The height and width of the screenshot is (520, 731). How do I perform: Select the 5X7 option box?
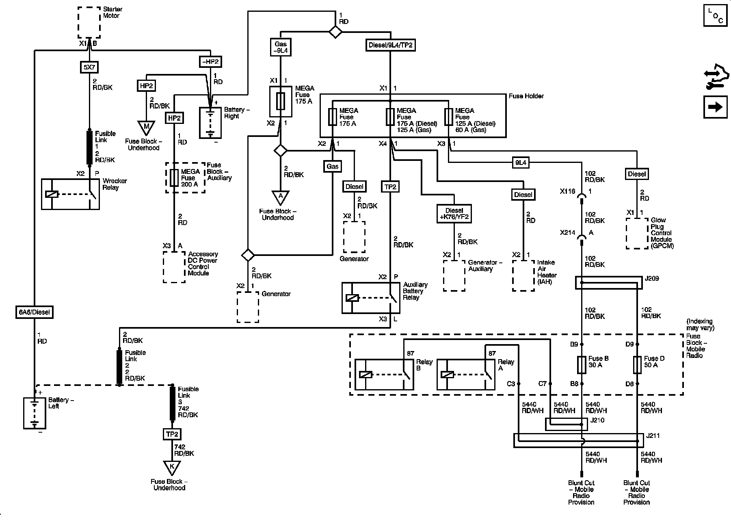[89, 67]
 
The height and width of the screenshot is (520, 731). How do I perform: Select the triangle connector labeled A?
[280, 198]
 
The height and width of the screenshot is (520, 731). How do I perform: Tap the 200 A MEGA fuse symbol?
[174, 178]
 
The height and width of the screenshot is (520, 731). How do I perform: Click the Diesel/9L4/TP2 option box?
[390, 45]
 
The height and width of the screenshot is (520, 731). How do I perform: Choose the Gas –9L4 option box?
[281, 47]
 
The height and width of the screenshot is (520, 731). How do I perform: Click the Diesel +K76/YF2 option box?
[454, 214]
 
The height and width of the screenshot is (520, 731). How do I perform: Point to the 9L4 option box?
[521, 163]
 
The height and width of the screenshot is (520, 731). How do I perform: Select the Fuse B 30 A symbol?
[582, 365]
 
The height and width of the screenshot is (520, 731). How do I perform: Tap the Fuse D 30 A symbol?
[637, 365]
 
